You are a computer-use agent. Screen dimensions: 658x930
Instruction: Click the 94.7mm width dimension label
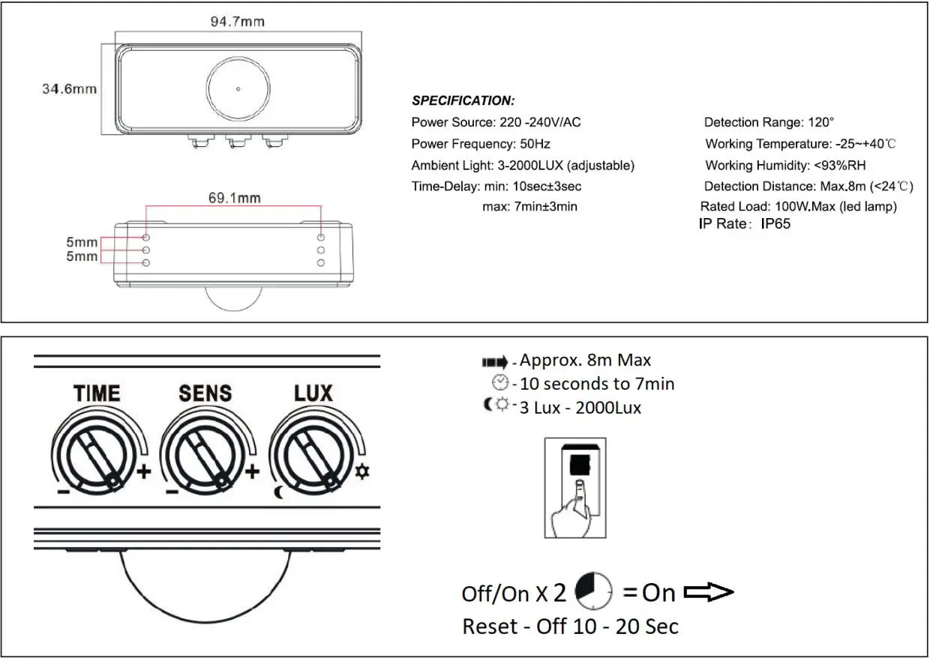coord(237,22)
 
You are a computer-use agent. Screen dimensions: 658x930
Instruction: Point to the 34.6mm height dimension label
coord(69,89)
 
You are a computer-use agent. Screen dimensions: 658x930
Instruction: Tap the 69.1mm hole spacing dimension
coord(234,199)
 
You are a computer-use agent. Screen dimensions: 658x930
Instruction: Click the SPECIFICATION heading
coord(463,101)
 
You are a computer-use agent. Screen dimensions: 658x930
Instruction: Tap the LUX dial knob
coord(310,456)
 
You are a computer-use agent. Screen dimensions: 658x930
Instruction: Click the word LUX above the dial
coord(313,393)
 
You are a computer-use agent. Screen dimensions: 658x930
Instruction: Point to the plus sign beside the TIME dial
coord(143,472)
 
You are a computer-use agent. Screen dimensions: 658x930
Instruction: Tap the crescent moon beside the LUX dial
coord(279,492)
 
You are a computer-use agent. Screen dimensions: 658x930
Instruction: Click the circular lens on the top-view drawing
coord(238,89)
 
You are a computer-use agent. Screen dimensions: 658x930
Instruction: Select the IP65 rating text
coord(775,223)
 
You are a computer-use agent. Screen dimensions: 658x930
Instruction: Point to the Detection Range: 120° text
coord(769,122)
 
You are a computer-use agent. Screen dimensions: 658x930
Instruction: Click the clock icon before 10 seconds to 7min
coord(499,384)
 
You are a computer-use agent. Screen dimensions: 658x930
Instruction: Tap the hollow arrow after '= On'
coord(709,594)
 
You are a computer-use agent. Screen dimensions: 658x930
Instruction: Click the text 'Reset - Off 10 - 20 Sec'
coord(570,627)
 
